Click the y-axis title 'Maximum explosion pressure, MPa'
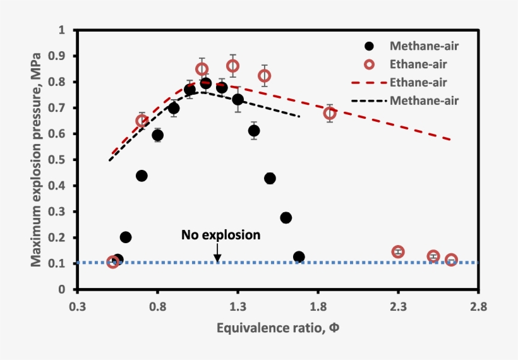point(37,159)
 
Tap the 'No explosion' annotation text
point(220,235)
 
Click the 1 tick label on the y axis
point(61,30)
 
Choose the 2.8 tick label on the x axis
point(478,308)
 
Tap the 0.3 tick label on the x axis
point(78,308)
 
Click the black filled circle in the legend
point(370,45)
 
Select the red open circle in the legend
point(370,64)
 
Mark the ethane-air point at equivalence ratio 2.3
point(398,252)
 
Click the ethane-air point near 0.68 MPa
point(330,113)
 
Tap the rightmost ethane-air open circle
point(451,260)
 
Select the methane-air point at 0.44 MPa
point(142,176)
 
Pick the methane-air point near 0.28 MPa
point(286,217)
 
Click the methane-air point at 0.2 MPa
point(126,237)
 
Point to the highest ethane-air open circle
point(232,66)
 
